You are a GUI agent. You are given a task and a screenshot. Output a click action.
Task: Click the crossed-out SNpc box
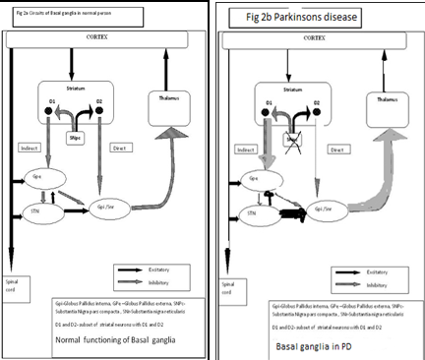291,141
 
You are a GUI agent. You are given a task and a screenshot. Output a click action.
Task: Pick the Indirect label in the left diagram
31,150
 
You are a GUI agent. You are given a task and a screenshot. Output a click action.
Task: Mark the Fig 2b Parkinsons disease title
282,17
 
